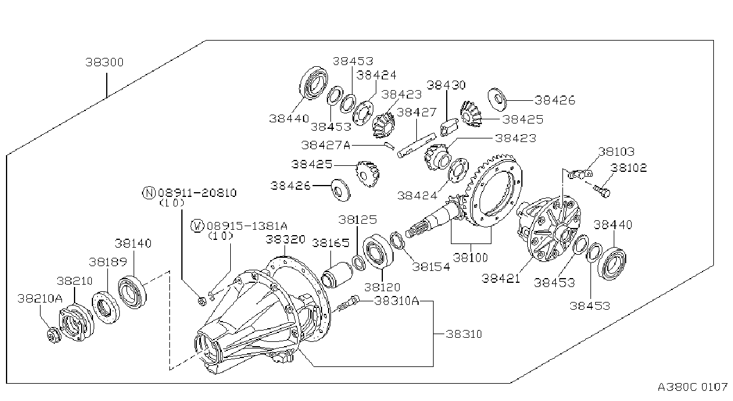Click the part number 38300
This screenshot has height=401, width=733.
104,62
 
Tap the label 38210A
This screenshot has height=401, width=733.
39,298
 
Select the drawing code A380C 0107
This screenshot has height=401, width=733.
692,387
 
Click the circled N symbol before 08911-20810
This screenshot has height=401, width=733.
149,193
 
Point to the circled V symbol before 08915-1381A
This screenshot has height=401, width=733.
197,226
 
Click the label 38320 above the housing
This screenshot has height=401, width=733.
285,240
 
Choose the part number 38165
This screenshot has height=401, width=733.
330,243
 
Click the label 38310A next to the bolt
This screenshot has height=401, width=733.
396,301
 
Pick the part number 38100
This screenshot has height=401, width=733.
470,258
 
